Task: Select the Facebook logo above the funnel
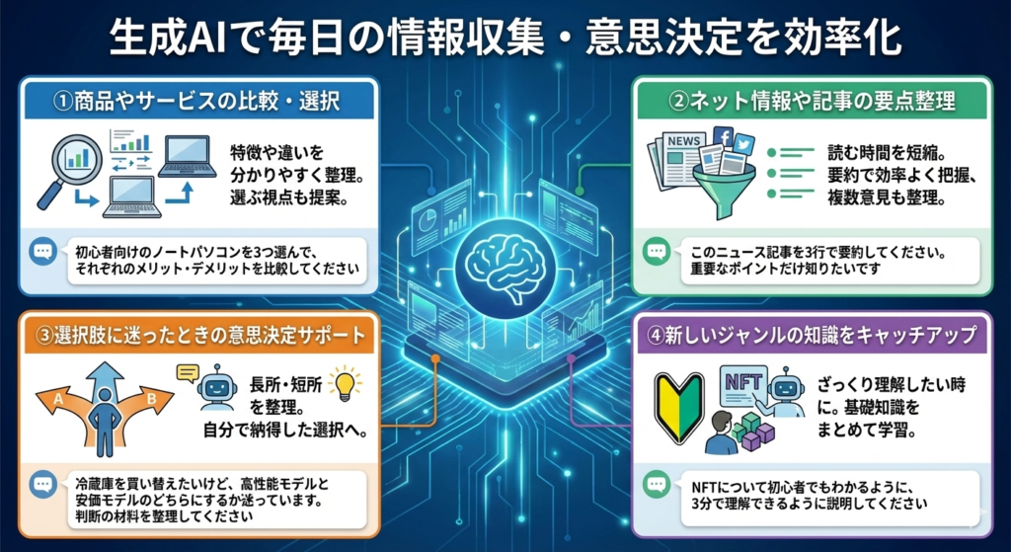(722, 137)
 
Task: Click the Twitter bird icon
(743, 143)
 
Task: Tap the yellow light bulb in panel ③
(345, 383)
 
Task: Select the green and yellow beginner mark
(679, 406)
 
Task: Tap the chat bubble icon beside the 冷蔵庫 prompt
(42, 485)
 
